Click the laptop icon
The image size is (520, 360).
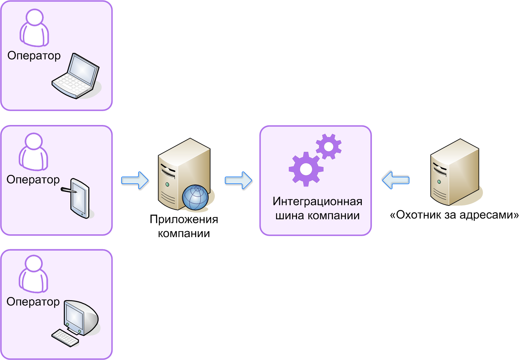(76, 76)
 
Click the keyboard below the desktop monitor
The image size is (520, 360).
(65, 337)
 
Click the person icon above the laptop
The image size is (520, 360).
(34, 28)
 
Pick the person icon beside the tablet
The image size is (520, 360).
(33, 152)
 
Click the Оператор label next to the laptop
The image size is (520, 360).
(34, 56)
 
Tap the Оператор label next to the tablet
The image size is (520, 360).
(33, 179)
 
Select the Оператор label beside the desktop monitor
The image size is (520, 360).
(33, 302)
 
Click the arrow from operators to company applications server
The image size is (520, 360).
(135, 181)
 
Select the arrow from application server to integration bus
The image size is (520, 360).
(238, 181)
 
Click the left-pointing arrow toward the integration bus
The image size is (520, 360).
(396, 180)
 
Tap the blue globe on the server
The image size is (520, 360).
(195, 197)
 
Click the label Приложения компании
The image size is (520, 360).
(184, 226)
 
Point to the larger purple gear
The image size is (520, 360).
(306, 169)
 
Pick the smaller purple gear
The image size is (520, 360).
(329, 146)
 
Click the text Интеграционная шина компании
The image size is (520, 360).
(317, 208)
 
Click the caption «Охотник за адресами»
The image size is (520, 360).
(454, 215)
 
